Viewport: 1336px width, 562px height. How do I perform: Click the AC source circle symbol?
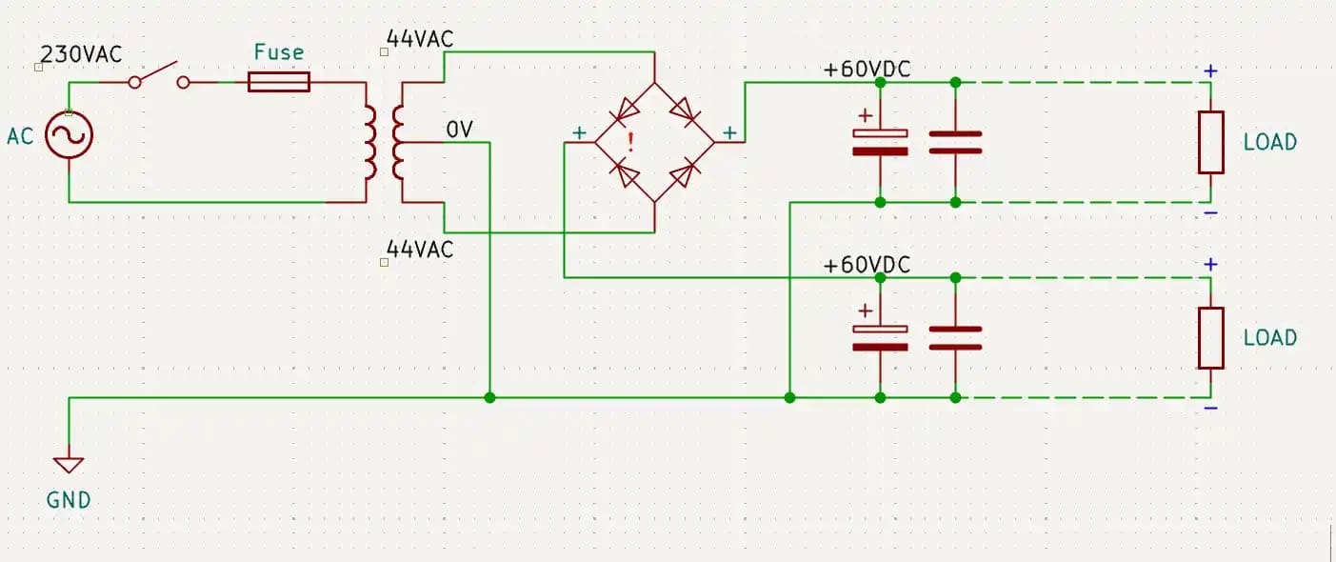click(69, 134)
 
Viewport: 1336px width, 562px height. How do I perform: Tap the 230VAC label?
click(82, 54)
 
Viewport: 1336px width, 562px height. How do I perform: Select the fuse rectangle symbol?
click(279, 82)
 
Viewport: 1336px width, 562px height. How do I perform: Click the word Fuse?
click(278, 51)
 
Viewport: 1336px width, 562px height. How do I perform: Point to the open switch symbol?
click(159, 76)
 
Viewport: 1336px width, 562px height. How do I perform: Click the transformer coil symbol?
click(384, 143)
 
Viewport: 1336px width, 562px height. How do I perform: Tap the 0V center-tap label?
click(459, 129)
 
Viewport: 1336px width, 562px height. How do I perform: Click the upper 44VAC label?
click(420, 39)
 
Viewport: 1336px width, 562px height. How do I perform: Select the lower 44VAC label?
click(420, 250)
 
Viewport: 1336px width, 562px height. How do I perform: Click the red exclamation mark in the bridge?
click(629, 143)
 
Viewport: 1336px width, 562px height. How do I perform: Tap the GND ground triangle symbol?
click(69, 465)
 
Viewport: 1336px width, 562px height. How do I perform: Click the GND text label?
click(69, 499)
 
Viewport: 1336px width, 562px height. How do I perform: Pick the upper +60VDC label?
click(867, 70)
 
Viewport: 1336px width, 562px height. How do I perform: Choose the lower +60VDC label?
click(867, 264)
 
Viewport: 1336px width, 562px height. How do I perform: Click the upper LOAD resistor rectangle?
click(1210, 142)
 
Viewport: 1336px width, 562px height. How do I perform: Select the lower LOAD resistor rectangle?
click(1210, 337)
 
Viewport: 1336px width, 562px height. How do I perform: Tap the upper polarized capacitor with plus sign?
click(880, 141)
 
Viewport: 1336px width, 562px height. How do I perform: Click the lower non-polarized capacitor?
click(955, 337)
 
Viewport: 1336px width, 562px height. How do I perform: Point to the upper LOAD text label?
click(1270, 142)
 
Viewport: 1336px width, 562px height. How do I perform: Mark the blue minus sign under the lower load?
click(1210, 409)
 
